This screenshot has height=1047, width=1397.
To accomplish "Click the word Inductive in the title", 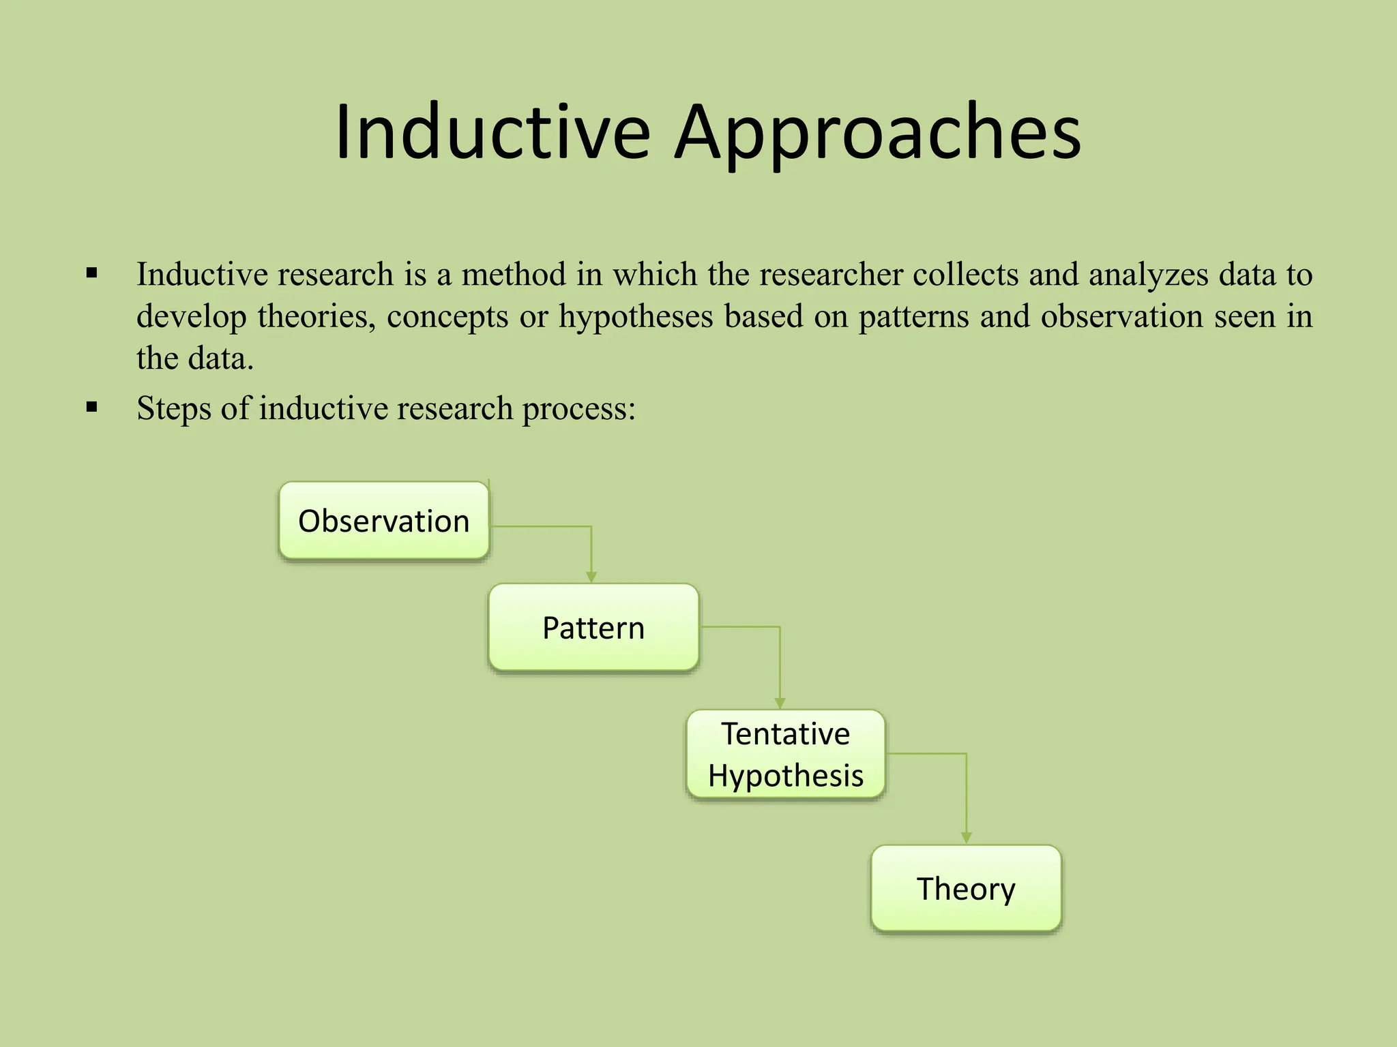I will tap(492, 132).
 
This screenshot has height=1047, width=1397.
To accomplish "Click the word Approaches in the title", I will tap(878, 132).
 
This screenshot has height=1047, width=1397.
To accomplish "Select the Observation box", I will tap(384, 521).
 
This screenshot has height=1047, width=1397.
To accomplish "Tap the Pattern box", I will tap(593, 628).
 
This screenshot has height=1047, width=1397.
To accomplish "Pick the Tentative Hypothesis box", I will tap(786, 755).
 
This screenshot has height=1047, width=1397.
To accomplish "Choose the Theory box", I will tap(966, 889).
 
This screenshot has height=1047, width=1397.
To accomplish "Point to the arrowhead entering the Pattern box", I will tap(591, 577).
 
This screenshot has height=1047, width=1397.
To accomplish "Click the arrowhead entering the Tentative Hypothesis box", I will tap(780, 703).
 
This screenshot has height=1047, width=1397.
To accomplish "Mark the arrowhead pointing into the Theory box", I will tap(966, 838).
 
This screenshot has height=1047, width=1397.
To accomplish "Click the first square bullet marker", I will tap(92, 274).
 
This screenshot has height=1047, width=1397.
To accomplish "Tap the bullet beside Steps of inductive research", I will tap(92, 408).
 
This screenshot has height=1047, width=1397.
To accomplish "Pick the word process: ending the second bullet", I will tap(579, 409).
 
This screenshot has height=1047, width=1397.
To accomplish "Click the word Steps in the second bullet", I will tap(173, 409).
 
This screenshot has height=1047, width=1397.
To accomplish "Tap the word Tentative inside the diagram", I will tap(786, 734).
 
